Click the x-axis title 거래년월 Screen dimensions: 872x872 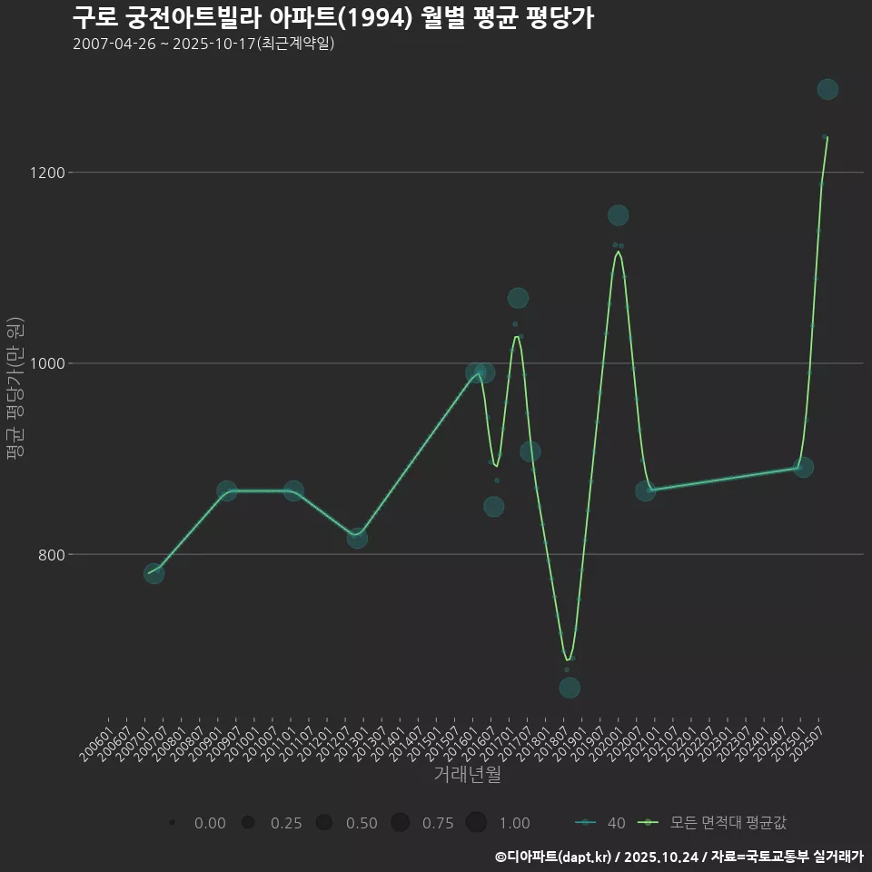(468, 775)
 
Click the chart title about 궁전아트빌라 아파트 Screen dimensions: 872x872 (332, 18)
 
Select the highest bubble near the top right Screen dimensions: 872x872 (827, 89)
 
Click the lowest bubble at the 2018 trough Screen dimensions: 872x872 (570, 688)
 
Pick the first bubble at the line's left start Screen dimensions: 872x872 (154, 573)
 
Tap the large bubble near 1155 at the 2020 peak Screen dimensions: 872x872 (618, 215)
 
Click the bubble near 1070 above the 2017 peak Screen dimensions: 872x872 (518, 298)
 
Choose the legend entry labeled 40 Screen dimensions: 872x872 (600, 823)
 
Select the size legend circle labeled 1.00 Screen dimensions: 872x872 (476, 823)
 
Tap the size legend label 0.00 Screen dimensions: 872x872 (210, 823)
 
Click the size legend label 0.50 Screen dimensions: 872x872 (362, 823)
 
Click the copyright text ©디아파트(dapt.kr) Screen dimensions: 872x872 (554, 856)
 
